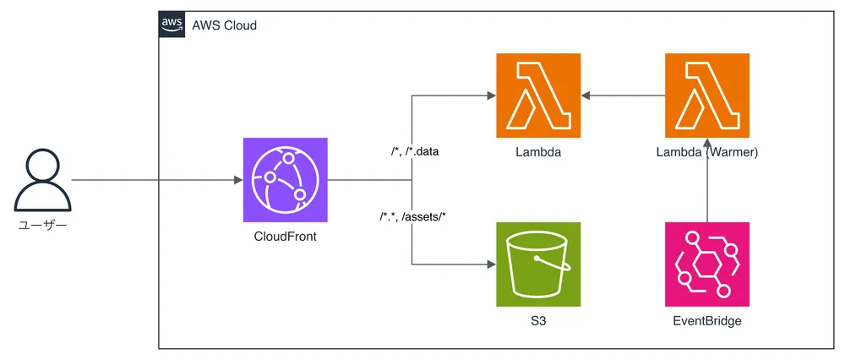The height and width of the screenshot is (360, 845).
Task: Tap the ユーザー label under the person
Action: point(41,226)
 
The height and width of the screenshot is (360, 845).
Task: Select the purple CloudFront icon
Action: point(285,180)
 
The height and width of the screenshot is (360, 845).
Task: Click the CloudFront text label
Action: point(285,237)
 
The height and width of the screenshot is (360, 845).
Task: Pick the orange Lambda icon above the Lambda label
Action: point(538,95)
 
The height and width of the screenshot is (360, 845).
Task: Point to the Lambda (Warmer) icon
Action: point(707,95)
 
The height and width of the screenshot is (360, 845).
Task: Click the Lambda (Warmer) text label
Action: point(707,153)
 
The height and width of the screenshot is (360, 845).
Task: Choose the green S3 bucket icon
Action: point(538,265)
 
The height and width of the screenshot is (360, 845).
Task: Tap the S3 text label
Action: point(538,322)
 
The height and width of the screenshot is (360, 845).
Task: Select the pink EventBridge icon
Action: point(707,265)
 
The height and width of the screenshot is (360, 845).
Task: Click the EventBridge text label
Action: point(707,322)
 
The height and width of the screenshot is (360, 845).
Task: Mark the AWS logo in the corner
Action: point(172,25)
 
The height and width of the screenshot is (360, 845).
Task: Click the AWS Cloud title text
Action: point(223,25)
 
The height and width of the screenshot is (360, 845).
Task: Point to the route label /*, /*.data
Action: point(411,152)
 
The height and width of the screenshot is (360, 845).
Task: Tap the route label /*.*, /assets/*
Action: point(412,217)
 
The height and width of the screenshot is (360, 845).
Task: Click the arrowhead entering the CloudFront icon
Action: point(237,180)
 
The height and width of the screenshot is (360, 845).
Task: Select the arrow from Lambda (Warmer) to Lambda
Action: point(623,95)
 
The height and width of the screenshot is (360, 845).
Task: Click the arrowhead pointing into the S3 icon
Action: point(491,265)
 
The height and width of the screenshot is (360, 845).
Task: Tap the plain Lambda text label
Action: point(538,153)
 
